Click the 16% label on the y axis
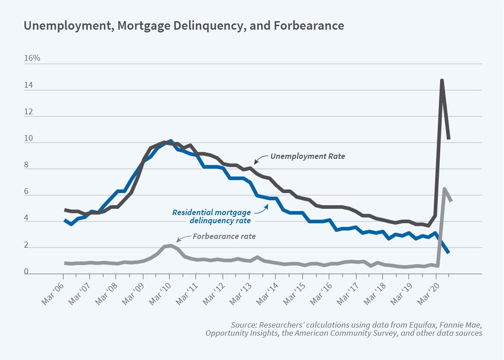pos(32,59)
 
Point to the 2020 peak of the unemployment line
pos(442,81)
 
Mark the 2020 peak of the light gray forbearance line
pos(445,189)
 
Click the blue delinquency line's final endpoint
pos(449,252)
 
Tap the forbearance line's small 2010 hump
pos(170,246)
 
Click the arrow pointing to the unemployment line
pos(260,159)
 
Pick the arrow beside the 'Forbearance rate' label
pos(182,238)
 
